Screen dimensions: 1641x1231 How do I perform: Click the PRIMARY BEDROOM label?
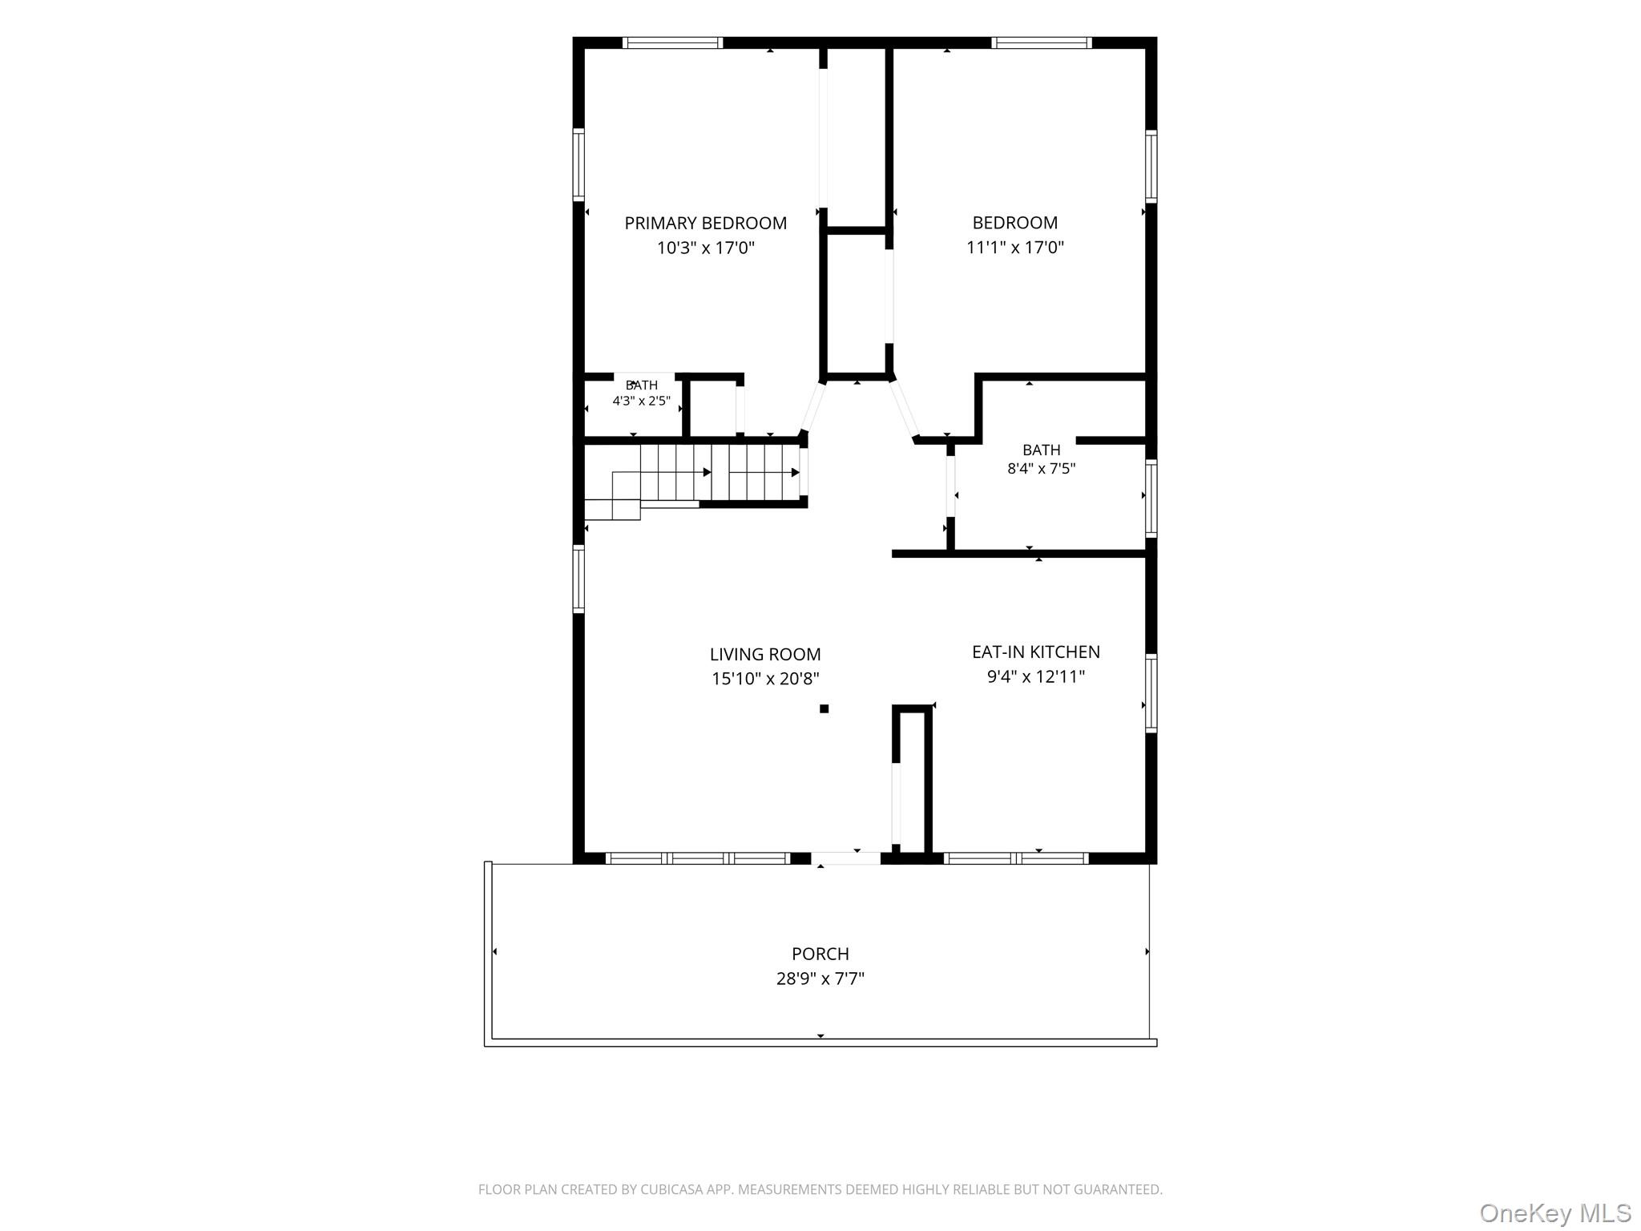705,223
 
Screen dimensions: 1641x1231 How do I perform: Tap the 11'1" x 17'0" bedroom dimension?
1015,247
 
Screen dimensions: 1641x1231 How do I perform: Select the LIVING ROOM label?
765,654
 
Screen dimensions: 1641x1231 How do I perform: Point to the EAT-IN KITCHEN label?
1036,652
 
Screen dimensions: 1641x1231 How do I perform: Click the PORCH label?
820,954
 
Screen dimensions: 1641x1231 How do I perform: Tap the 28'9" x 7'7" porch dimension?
820,979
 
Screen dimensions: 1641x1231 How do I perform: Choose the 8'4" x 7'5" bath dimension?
1041,469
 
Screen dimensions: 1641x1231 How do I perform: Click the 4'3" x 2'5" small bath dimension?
641,401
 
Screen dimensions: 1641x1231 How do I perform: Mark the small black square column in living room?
824,708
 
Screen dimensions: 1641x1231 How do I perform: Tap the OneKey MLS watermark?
1555,1213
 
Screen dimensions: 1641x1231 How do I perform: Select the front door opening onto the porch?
846,858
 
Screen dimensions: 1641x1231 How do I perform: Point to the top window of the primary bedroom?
673,42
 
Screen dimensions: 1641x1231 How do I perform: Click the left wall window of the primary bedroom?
578,163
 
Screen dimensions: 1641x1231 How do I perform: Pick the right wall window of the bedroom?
1151,167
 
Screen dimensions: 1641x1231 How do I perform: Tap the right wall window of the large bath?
1151,498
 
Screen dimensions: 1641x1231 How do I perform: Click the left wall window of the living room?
578,579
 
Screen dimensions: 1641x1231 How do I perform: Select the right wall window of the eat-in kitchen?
1151,693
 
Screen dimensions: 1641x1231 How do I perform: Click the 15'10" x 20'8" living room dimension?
765,679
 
